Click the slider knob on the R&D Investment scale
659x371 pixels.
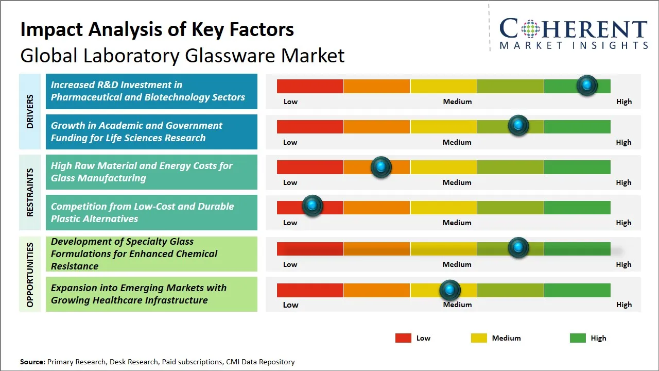point(586,86)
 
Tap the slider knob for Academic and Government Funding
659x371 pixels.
point(518,126)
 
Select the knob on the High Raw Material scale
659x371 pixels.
point(381,166)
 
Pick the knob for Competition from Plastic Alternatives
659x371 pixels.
point(312,206)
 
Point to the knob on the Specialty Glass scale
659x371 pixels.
point(518,248)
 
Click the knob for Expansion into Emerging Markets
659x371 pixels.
point(450,290)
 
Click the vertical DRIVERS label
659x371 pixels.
point(30,111)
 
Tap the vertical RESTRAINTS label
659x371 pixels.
point(30,192)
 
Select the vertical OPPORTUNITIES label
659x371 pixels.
point(30,275)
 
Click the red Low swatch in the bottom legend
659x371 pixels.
point(403,338)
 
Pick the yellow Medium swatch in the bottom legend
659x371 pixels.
point(479,338)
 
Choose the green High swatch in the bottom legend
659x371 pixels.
point(578,338)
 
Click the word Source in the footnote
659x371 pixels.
point(32,362)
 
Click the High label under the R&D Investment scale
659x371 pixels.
point(624,102)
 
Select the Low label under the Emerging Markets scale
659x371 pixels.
point(290,305)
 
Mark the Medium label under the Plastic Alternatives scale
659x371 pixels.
point(457,223)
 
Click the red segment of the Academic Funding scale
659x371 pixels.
point(310,127)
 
